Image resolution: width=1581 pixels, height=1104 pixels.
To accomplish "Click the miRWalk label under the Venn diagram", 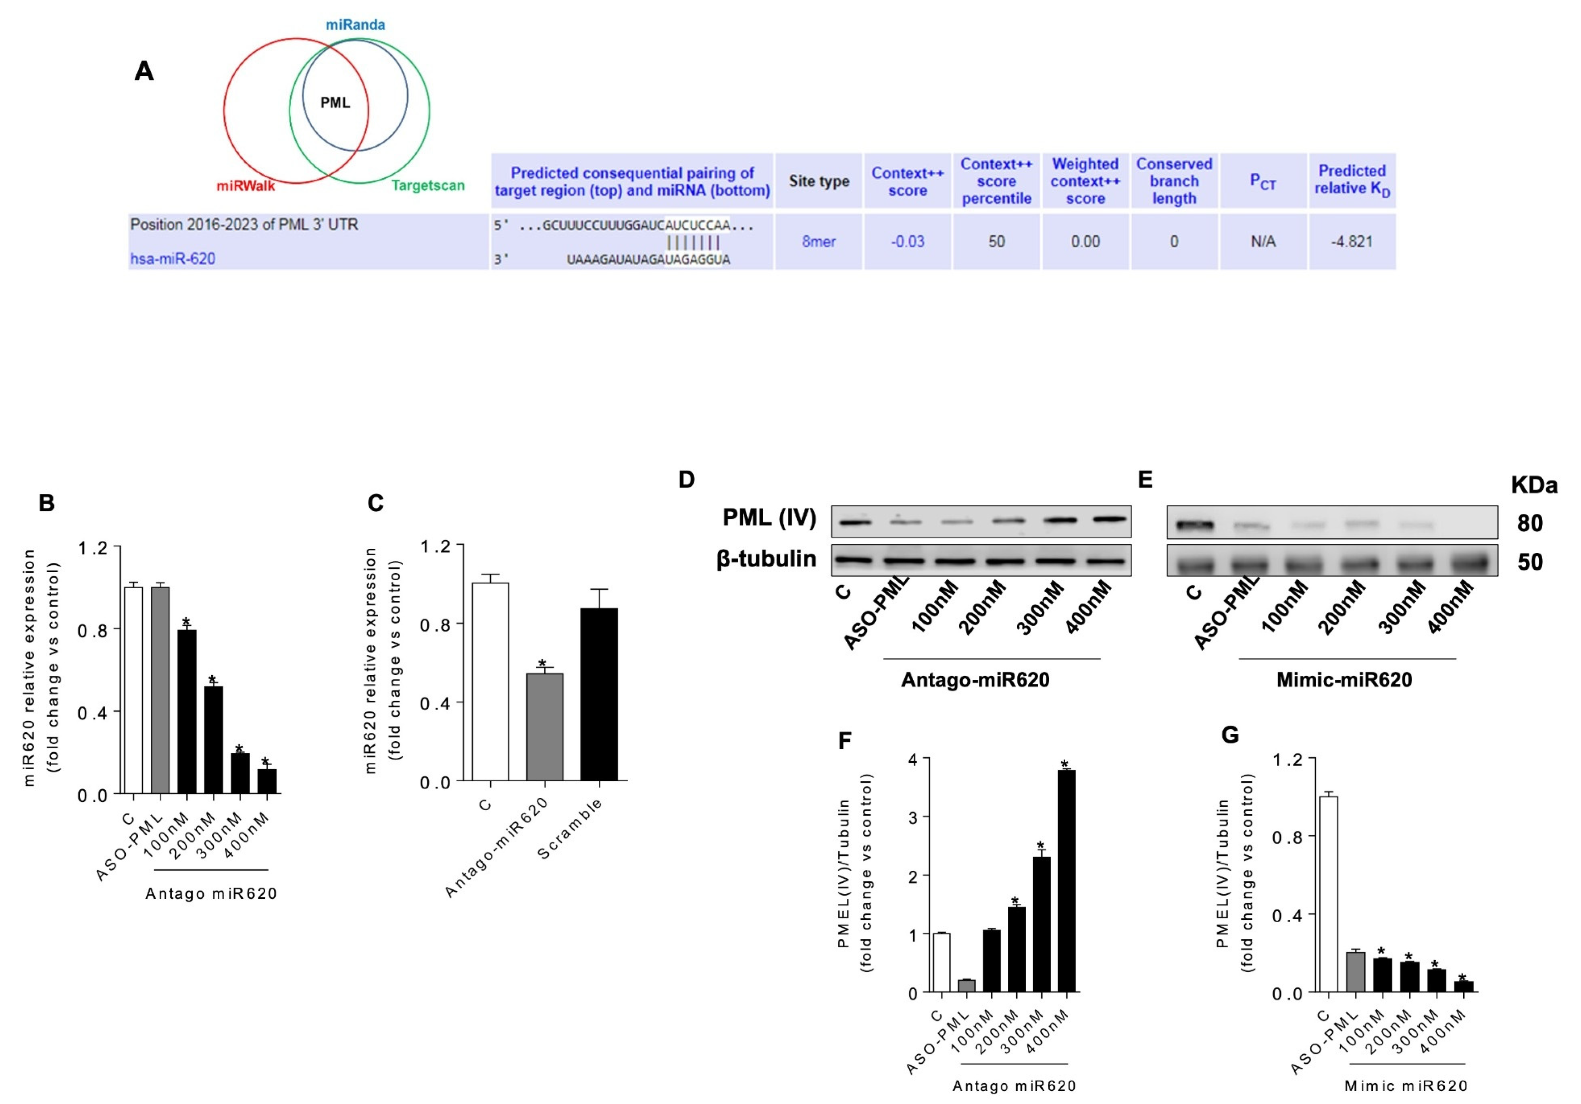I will coord(246,186).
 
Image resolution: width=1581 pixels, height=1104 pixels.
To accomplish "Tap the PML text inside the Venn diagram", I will coord(335,103).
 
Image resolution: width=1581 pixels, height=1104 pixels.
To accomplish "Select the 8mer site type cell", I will coord(818,242).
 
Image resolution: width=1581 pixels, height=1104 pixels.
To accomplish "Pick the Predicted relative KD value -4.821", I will coord(1351,242).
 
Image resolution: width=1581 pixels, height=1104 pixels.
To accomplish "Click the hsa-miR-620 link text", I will coord(173,259).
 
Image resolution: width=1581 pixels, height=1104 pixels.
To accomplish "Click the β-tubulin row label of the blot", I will coord(767,558).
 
